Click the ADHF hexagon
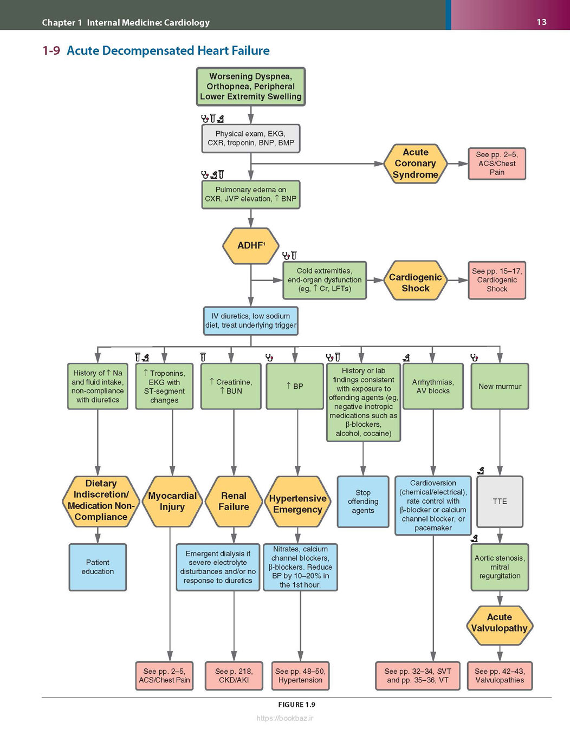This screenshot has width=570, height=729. click(x=251, y=246)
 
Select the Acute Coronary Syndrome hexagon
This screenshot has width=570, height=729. click(x=416, y=164)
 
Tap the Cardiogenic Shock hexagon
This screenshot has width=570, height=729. click(x=416, y=281)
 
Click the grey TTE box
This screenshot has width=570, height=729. click(x=500, y=502)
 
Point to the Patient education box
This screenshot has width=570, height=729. click(x=98, y=567)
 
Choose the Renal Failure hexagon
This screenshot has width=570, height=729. click(x=234, y=502)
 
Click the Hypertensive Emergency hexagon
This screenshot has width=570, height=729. click(x=297, y=502)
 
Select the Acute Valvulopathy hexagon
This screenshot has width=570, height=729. click(x=500, y=622)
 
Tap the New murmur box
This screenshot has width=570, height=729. click(x=500, y=386)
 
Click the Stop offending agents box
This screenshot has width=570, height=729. click(x=363, y=502)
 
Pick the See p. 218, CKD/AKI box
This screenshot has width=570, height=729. click(x=234, y=676)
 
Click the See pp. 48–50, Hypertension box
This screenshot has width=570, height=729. click(x=300, y=676)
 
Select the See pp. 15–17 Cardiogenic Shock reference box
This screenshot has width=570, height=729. click(x=497, y=280)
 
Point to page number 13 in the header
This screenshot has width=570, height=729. click(x=541, y=22)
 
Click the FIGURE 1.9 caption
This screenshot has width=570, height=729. click(x=296, y=705)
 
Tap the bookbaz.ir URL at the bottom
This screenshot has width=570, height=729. click(x=285, y=718)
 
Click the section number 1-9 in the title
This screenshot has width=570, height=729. click(x=51, y=51)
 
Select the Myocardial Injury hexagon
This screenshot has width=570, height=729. click(x=172, y=502)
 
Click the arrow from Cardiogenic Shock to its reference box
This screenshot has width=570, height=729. click(x=458, y=280)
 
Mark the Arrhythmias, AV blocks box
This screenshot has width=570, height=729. click(x=433, y=386)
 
